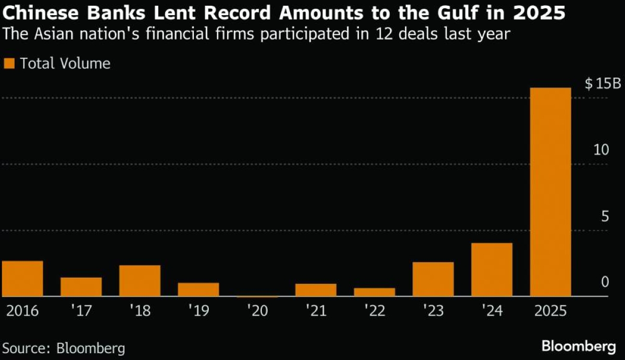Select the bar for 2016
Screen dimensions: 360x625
[x=22, y=279]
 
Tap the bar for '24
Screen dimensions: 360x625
[x=492, y=270]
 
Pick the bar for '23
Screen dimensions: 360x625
[x=433, y=279]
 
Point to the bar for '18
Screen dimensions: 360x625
[x=140, y=281]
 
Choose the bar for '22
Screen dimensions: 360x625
[x=374, y=292]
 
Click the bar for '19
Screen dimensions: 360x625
[x=198, y=290]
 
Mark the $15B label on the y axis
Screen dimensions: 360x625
[x=603, y=83]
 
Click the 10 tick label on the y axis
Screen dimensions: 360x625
[x=602, y=150]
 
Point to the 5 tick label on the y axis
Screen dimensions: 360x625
[x=605, y=216]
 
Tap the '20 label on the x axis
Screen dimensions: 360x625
[x=257, y=312]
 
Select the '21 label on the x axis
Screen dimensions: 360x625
[x=316, y=312]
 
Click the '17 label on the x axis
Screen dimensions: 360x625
[x=81, y=312]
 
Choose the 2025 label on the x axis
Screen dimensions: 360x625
[x=550, y=312]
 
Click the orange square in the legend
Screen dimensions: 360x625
[x=9, y=64]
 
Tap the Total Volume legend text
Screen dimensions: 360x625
[x=65, y=64]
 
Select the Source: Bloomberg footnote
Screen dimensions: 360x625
[x=63, y=347]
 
